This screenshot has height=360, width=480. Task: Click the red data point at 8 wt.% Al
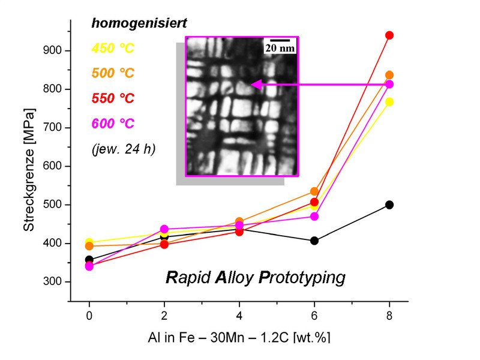pos(389,35)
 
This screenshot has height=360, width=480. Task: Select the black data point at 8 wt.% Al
pos(389,205)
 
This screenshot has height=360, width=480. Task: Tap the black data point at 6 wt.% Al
pos(314,241)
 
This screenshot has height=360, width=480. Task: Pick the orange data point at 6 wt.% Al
pos(314,191)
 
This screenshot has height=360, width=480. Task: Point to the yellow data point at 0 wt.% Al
pos(89,242)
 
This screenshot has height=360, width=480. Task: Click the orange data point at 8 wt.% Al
pos(389,75)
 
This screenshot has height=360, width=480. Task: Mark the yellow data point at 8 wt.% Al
pos(389,102)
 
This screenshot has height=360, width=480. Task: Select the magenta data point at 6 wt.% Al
pos(314,216)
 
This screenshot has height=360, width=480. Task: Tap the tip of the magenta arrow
pos(253,85)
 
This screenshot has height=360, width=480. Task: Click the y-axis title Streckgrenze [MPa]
pos(28,170)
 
